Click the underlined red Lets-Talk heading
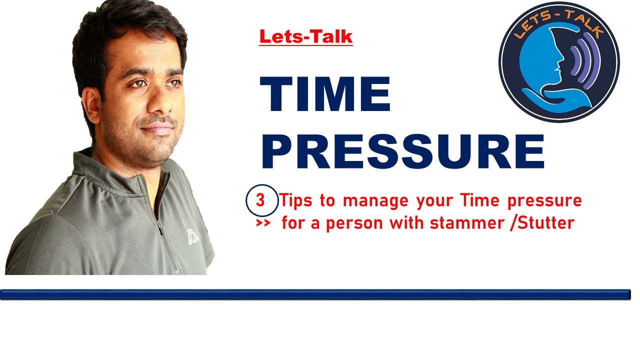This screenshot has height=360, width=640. (305, 36)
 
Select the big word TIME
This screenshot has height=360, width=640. (325, 94)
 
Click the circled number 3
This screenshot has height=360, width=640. (260, 201)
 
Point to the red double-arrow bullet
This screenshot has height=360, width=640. (263, 223)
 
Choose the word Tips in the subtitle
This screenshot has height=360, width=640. (298, 201)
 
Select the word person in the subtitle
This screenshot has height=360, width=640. (355, 223)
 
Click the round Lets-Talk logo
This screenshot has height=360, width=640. (558, 61)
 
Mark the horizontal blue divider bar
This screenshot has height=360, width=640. (315, 294)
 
